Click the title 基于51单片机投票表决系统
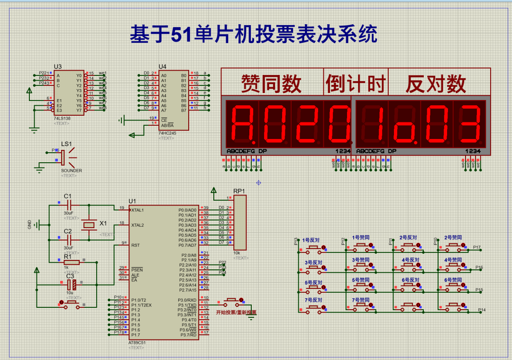(x=254, y=35)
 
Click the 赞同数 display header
(x=271, y=84)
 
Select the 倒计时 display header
(x=356, y=84)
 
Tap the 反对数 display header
(x=436, y=84)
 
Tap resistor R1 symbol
(x=72, y=262)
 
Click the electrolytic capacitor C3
(x=71, y=285)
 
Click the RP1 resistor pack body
(x=240, y=222)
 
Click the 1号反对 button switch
(x=313, y=247)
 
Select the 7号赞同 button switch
(x=361, y=307)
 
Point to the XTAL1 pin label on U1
(x=137, y=210)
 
